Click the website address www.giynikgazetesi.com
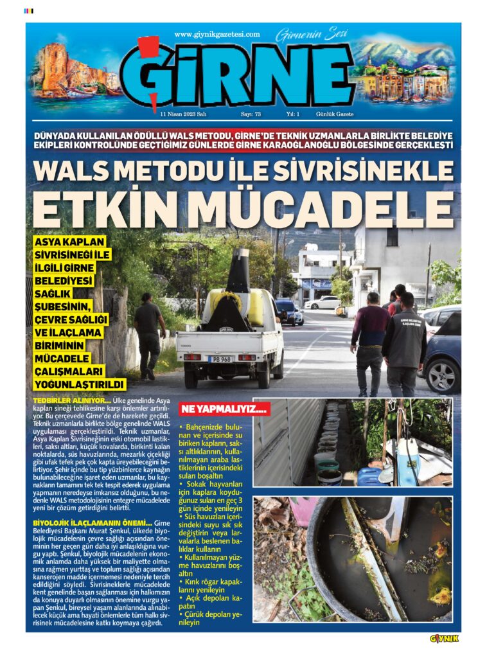click(217, 34)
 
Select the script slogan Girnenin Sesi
click(303, 35)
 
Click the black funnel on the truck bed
click(240, 270)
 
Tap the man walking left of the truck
click(149, 334)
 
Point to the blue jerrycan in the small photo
click(370, 476)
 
